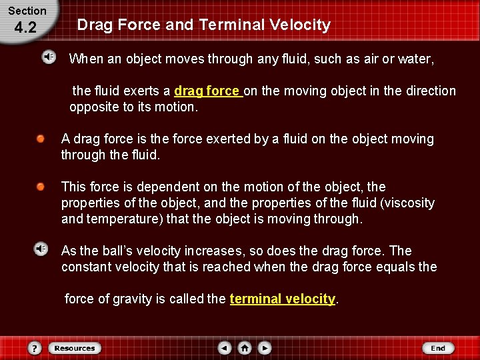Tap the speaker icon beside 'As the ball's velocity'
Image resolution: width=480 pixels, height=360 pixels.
pos(41,249)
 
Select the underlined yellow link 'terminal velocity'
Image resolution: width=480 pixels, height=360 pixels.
pos(282,299)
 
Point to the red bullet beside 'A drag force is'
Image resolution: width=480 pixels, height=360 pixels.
pos(41,139)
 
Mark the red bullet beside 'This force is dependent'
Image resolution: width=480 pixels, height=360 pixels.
pos(41,187)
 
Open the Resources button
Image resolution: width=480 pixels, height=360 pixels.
pos(74,348)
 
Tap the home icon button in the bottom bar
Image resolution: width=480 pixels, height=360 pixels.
pos(245,348)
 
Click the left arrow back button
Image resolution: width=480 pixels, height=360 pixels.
pos(225,348)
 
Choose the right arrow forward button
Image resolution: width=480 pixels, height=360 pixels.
pos(265,348)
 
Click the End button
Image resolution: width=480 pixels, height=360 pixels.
pos(437,348)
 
